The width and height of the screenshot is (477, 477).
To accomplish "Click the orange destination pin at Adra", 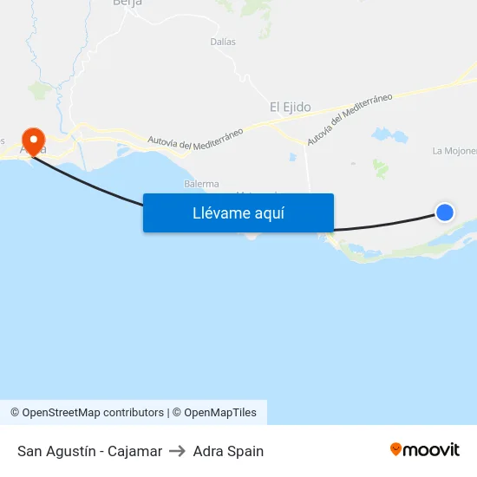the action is tap(34, 141).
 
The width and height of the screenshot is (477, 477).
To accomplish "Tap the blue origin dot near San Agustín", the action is tap(444, 212).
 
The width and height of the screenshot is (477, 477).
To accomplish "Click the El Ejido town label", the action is tap(290, 108).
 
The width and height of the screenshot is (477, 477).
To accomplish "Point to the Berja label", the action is tap(127, 3).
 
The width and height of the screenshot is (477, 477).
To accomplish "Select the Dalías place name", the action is tap(223, 41).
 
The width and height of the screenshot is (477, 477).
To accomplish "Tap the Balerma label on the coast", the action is tap(201, 184).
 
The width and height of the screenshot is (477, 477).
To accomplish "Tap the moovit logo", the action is tap(424, 450).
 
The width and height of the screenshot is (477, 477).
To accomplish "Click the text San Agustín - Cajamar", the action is tap(89, 451).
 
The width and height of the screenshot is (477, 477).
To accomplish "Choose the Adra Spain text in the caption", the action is tap(228, 451).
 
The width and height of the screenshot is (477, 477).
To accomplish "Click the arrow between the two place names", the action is tap(178, 451).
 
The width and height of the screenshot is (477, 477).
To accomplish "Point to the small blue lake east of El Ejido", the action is tap(389, 135).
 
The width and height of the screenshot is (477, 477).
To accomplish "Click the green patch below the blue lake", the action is tap(380, 167).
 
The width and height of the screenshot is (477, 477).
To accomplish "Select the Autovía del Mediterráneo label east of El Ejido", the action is tap(350, 119).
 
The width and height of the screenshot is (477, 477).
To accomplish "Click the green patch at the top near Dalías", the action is tap(255, 8).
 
